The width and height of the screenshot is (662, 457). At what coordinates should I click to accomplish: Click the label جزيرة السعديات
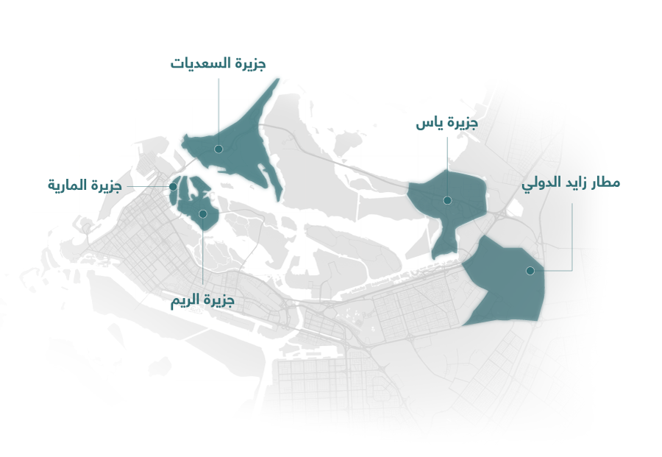(x=218, y=63)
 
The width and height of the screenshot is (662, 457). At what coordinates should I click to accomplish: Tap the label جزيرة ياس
(x=446, y=124)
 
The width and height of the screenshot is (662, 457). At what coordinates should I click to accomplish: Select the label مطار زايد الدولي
(x=571, y=183)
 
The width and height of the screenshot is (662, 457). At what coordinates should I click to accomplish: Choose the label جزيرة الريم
(x=202, y=301)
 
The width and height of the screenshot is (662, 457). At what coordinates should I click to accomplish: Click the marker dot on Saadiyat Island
(x=218, y=149)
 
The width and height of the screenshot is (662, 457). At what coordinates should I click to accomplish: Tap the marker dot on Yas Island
(x=447, y=200)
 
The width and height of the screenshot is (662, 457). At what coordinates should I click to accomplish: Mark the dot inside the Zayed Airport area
(x=530, y=271)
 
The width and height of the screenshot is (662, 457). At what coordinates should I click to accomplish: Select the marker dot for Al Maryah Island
(x=173, y=187)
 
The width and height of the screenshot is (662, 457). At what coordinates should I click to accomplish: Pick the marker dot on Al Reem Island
(x=203, y=214)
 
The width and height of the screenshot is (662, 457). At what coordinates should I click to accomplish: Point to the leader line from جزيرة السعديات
(x=218, y=110)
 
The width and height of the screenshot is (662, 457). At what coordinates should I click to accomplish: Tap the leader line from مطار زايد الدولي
(x=572, y=235)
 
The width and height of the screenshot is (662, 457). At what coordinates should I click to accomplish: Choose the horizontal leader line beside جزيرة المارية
(x=147, y=187)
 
